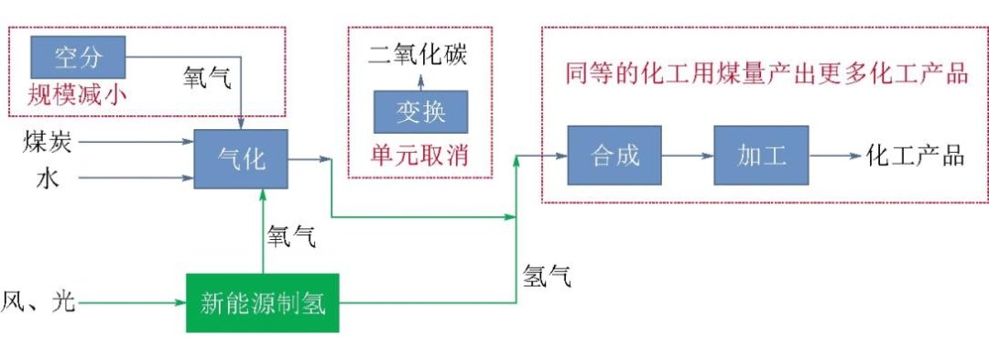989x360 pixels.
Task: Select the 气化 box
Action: coord(241,158)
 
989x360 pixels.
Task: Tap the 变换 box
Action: coord(420,112)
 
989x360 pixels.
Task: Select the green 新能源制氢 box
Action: coord(263,301)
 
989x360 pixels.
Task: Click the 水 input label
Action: coord(48,178)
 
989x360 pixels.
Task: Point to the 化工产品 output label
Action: coord(915,155)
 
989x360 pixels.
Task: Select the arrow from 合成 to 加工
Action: coord(688,155)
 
